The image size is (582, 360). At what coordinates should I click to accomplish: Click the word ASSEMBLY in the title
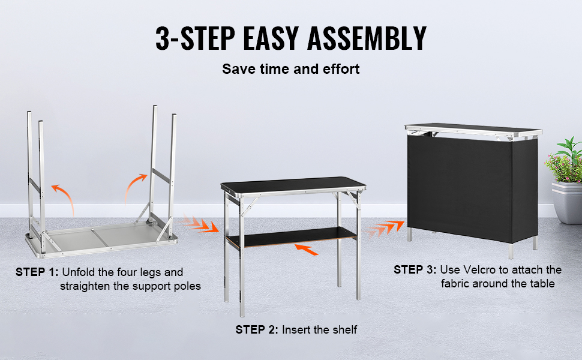tap(367, 38)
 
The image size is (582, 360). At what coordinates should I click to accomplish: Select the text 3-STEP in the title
tap(195, 38)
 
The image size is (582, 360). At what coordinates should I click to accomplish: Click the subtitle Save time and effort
tap(290, 69)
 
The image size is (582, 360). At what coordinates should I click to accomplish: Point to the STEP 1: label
tap(37, 272)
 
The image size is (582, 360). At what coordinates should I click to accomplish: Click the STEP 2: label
tap(256, 329)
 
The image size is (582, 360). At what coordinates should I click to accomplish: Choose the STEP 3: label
tap(415, 270)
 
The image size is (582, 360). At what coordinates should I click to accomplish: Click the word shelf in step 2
tap(345, 329)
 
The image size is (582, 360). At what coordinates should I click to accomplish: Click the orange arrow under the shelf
tap(306, 250)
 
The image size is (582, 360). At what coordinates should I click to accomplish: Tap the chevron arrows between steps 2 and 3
tap(384, 228)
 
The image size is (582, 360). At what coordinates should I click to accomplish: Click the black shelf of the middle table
tap(292, 237)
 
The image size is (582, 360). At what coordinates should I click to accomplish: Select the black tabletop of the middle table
tap(293, 184)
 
